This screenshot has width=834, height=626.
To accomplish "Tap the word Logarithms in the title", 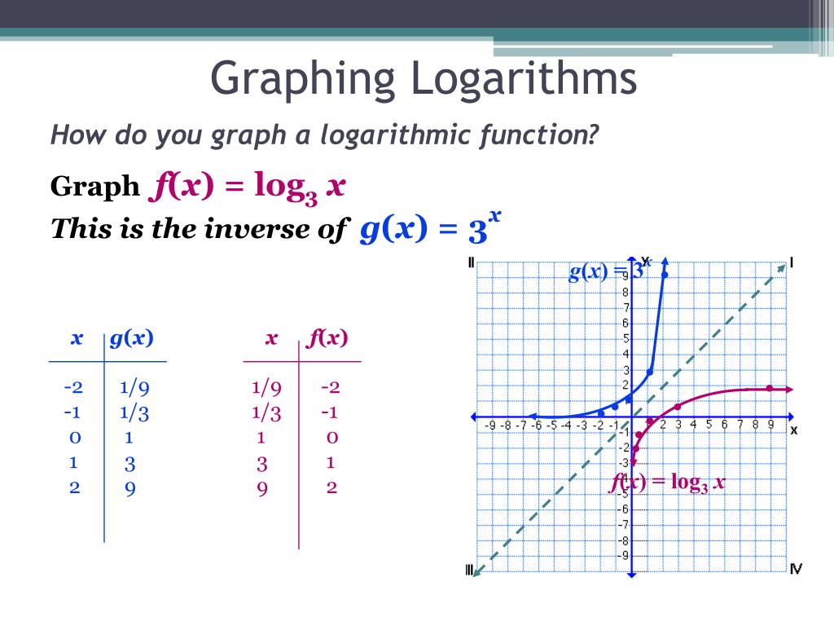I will [525, 78].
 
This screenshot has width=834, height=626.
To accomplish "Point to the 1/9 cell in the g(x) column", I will [134, 387].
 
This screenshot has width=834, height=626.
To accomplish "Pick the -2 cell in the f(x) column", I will [330, 387].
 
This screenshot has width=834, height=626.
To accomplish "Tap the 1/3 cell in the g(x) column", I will [134, 412].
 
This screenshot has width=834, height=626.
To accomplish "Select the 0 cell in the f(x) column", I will [331, 438].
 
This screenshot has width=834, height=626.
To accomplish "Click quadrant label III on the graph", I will [471, 570].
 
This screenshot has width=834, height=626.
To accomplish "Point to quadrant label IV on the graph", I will [795, 568].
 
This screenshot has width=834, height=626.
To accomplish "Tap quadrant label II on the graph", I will [472, 262].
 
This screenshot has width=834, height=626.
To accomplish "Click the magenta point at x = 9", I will [769, 388].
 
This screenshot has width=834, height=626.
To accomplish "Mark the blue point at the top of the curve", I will [665, 275].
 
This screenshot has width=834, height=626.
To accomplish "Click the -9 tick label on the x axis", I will [490, 425].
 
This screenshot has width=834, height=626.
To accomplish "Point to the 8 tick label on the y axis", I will [624, 293].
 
